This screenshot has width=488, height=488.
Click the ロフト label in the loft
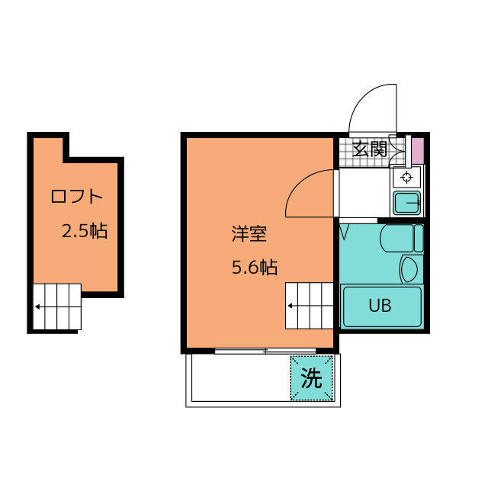[x=75, y=196]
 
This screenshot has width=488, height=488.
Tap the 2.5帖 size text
[x=84, y=231]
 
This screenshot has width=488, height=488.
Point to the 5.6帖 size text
[x=254, y=268]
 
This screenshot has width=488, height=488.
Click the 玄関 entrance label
[x=370, y=149]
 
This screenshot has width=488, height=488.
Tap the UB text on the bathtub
[x=380, y=307]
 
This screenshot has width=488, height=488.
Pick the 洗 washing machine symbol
[x=311, y=378]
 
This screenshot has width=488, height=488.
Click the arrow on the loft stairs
[x=39, y=308]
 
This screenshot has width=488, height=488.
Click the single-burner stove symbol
[x=406, y=178]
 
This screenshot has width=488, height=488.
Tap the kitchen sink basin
[x=407, y=203]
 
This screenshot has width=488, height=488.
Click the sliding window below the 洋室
[x=265, y=352]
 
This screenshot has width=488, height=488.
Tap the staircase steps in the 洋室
[x=310, y=305]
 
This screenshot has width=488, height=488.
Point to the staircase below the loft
[x=57, y=307]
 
